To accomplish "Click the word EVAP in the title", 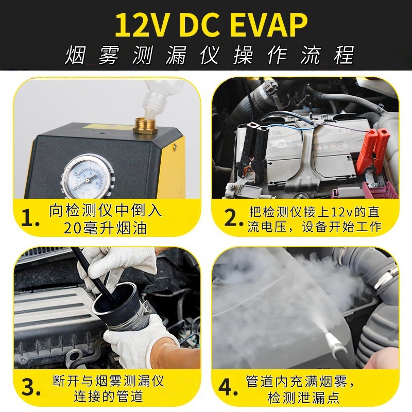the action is point(270,25).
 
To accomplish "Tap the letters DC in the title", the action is point(200,25).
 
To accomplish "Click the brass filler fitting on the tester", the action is point(145,126).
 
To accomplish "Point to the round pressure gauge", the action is point(88,177).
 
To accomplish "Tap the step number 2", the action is point(233,218).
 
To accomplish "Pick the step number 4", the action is point(228,387).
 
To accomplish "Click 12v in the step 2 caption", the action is point(341,212).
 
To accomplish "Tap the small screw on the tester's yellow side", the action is point(174,147).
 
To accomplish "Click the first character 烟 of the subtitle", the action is point(75,55).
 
